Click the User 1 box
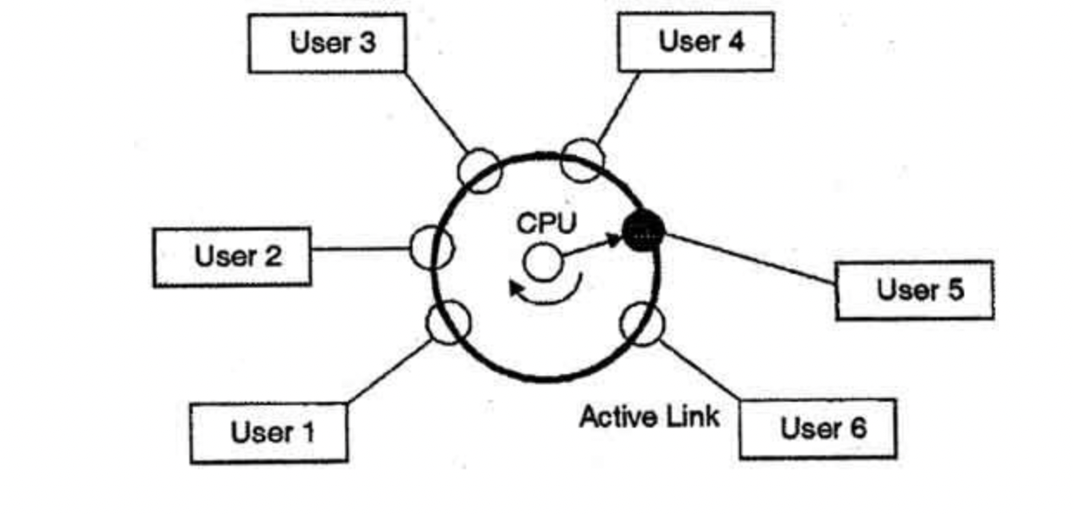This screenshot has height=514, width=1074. coord(269,432)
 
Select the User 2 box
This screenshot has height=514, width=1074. coord(232,257)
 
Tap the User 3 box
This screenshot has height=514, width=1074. coord(327,42)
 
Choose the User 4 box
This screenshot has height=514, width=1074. coord(695,41)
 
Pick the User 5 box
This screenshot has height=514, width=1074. coord(914,290)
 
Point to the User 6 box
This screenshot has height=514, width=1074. coord(817,428)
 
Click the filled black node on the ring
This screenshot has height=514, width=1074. coord(643,230)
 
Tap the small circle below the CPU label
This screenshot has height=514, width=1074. coord(542,262)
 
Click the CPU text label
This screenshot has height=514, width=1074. coord(545,224)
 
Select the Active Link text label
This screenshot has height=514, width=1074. coord(649,417)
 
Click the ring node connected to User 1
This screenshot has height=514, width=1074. coord(449,321)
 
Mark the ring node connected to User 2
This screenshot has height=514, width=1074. coord(431,248)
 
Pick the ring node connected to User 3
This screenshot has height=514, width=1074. coord(479,169)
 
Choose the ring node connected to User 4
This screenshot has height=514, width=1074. coord(582,160)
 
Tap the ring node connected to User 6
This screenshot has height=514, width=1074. coord(643,323)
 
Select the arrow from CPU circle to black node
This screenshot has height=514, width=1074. coord(591,245)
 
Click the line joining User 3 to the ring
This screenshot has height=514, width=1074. coord(436,111)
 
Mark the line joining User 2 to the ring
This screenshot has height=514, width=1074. coord(359,249)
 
